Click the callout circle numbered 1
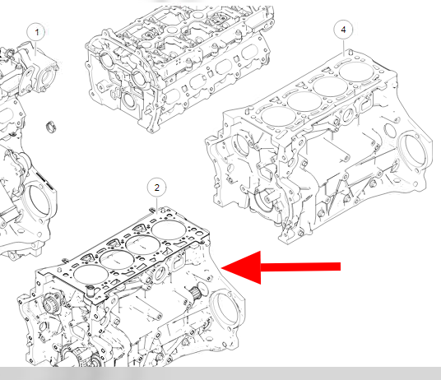(x=36, y=32)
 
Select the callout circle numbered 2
(x=157, y=188)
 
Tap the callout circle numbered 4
(x=343, y=30)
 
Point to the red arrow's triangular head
(x=241, y=267)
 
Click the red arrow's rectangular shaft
(x=300, y=266)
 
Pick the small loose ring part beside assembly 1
(x=51, y=127)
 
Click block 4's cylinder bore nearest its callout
(x=356, y=72)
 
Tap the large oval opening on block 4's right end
(x=412, y=153)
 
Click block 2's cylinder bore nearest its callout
(x=169, y=230)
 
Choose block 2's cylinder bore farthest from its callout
(x=90, y=275)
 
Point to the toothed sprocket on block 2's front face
(x=51, y=303)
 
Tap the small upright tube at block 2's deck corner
(x=91, y=290)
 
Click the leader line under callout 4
(x=343, y=48)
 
